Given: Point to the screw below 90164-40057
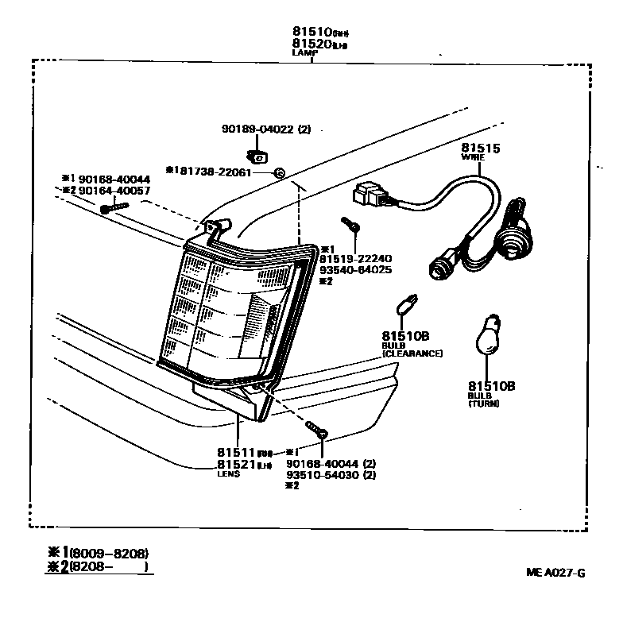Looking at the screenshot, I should [x=113, y=209].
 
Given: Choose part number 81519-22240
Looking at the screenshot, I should [x=356, y=258].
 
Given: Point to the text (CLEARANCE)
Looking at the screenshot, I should [x=412, y=353].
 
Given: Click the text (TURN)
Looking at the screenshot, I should [x=484, y=404].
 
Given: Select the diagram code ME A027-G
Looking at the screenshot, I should [x=555, y=572].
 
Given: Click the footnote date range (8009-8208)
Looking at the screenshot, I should [x=109, y=553].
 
